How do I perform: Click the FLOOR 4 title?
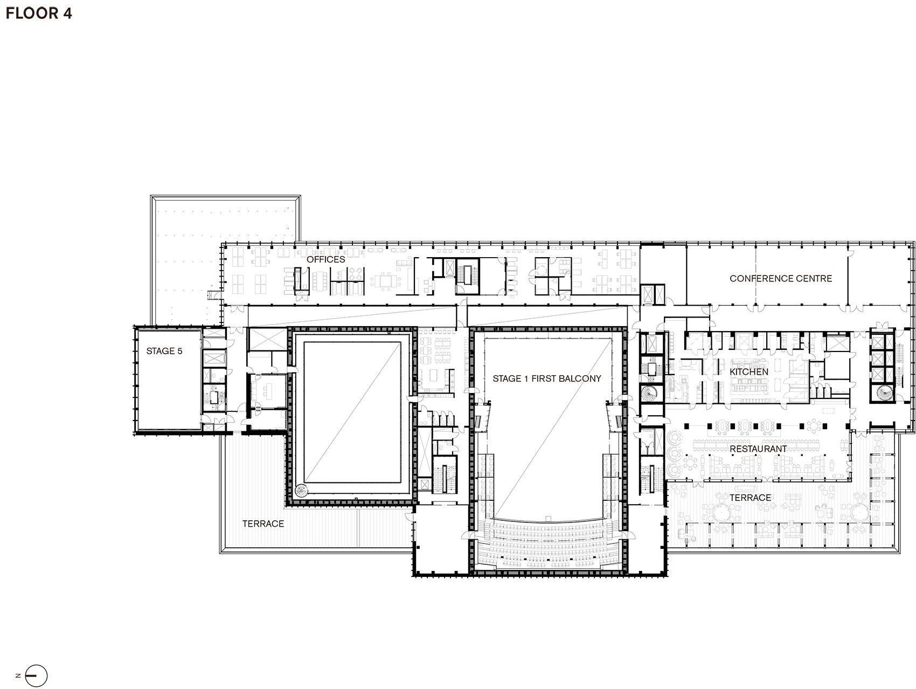[39, 13]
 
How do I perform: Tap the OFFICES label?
[326, 259]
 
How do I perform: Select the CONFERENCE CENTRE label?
[781, 279]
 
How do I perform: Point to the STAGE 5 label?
[164, 351]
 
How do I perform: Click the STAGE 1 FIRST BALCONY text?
[547, 378]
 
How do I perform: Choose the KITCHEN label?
[749, 372]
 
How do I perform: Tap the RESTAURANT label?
[758, 449]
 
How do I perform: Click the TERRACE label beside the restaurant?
[751, 498]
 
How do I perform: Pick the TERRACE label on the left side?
[263, 523]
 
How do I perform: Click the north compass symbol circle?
[37, 676]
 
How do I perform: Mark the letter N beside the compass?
[18, 676]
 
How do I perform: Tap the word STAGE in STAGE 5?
[160, 351]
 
